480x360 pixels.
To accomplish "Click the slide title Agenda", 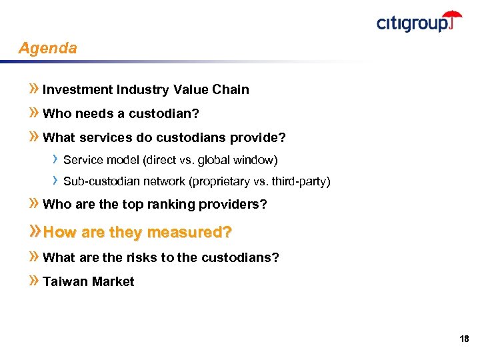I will [x=48, y=49].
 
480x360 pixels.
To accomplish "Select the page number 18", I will [x=464, y=339].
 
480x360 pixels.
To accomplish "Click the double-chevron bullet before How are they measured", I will [x=35, y=232].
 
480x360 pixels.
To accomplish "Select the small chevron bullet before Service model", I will [x=55, y=159].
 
